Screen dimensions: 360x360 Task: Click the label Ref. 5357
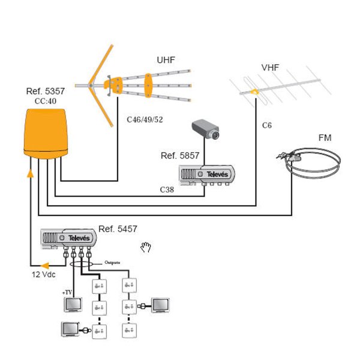click(46, 91)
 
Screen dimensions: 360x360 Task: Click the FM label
click(325, 139)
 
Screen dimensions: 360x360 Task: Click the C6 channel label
click(267, 126)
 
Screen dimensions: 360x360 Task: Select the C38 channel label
click(167, 189)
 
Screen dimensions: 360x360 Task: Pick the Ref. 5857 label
click(180, 155)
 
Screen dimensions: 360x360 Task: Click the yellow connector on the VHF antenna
click(255, 92)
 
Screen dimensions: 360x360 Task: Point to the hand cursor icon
click(145, 246)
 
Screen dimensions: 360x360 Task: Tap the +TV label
click(66, 292)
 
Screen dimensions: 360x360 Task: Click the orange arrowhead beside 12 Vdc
click(44, 266)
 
